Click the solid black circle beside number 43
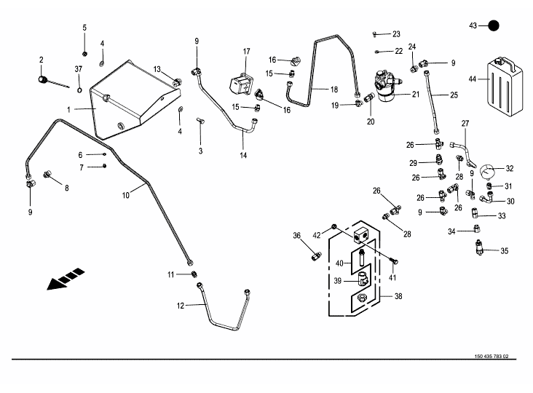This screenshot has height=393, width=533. point(493,25)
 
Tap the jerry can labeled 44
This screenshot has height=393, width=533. point(505,87)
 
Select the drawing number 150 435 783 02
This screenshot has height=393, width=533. point(491,357)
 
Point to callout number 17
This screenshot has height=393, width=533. point(246,51)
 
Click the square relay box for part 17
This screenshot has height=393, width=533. point(241,84)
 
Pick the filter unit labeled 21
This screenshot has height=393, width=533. point(387,87)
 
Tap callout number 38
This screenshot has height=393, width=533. point(398,296)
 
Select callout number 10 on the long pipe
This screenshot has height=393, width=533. point(126,195)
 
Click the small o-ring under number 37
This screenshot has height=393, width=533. point(79,90)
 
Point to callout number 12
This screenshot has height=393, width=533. point(181,306)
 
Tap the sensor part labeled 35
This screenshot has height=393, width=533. point(480,247)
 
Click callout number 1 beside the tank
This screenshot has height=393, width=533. point(68,110)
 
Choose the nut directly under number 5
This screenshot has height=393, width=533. point(84,53)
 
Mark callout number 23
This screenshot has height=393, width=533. point(396,34)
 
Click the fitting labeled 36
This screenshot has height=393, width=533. point(316,255)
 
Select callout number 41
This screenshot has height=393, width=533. point(392,278)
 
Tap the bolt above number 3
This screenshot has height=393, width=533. point(200,121)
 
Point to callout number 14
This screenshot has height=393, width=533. point(243,155)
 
